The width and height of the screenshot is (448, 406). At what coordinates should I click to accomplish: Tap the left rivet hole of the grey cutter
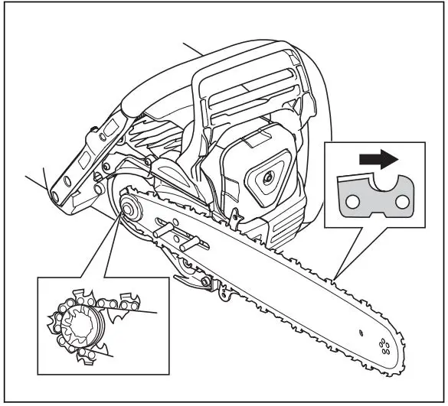tap(352, 202)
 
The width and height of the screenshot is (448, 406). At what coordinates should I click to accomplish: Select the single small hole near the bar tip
tap(360, 331)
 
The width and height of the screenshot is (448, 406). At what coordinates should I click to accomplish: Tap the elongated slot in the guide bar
tap(170, 228)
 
